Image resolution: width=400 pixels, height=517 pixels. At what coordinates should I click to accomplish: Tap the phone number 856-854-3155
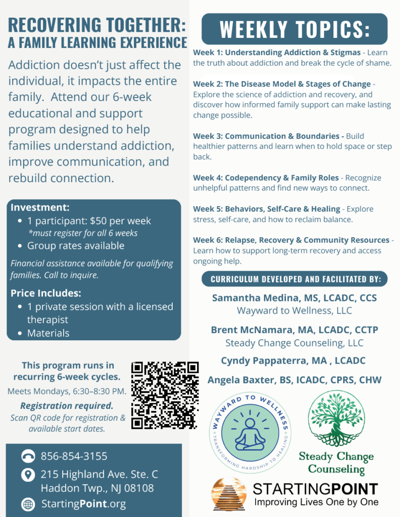click(74, 456)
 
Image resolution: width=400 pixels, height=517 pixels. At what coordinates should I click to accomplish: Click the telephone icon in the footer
click(28, 457)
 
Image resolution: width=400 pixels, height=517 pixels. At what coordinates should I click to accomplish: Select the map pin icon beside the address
click(28, 475)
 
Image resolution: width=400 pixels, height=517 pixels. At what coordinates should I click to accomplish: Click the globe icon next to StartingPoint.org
click(28, 504)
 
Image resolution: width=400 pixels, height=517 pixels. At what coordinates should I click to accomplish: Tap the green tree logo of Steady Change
click(336, 419)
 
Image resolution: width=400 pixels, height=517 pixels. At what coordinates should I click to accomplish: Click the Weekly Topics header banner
click(294, 29)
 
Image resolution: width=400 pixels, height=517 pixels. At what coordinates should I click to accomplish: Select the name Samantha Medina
click(251, 297)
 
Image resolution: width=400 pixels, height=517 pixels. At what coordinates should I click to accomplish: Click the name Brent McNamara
click(246, 330)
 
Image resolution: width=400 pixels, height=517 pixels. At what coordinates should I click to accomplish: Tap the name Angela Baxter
click(238, 380)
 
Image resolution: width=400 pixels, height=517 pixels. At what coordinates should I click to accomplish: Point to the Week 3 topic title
click(266, 136)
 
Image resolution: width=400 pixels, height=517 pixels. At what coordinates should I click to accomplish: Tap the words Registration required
click(67, 405)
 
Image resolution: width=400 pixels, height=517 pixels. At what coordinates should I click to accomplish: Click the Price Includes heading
click(46, 293)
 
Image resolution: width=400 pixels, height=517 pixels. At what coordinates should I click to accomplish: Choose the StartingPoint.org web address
click(83, 504)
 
